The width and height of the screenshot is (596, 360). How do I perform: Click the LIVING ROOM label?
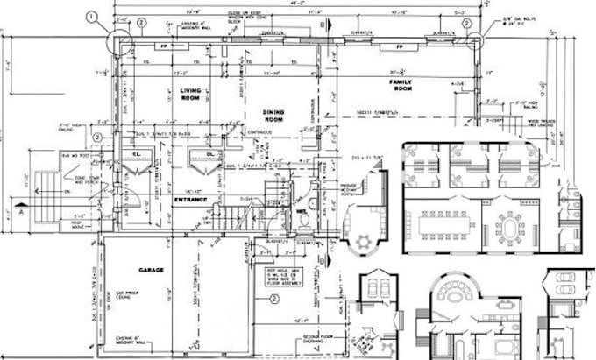coord(191,95)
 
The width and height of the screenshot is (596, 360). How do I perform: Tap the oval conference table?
coord(512,226)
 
